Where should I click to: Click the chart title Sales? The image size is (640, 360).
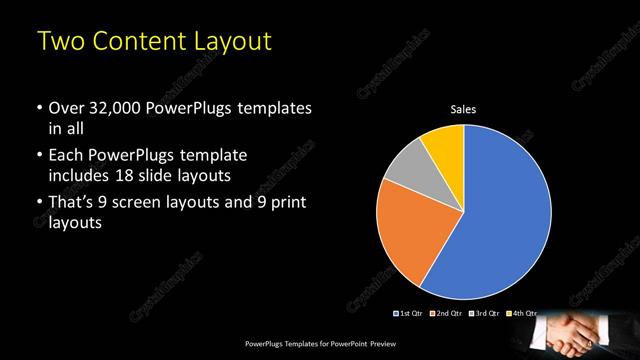tap(463, 109)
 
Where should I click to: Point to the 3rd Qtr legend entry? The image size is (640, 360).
tap(484, 313)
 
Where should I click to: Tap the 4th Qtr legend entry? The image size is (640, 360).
tap(520, 313)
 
